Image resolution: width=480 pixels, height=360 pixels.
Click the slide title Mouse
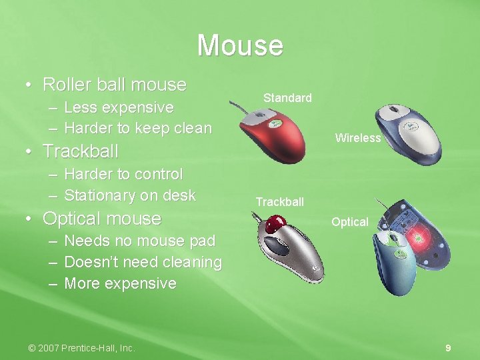pyautogui.click(x=240, y=45)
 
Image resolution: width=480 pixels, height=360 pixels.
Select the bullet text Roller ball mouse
pyautogui.click(x=114, y=85)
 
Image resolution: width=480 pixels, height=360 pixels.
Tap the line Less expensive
pyautogui.click(x=119, y=107)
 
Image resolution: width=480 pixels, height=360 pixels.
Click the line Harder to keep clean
pyautogui.click(x=137, y=128)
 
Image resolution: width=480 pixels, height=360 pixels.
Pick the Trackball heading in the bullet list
pyautogui.click(x=80, y=151)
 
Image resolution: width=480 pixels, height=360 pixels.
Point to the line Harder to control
pyautogui.click(x=123, y=174)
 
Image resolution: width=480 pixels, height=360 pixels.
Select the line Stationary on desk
pyautogui.click(x=129, y=195)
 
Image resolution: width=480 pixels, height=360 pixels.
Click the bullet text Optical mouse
pyautogui.click(x=102, y=219)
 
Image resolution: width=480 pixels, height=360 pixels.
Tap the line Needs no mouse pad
pyautogui.click(x=139, y=241)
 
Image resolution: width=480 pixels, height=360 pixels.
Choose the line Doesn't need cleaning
pyautogui.click(x=143, y=262)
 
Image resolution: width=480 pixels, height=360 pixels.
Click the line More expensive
pyautogui.click(x=120, y=283)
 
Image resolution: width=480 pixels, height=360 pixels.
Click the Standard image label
pyautogui.click(x=287, y=98)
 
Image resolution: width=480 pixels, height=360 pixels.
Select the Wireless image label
pyautogui.click(x=358, y=138)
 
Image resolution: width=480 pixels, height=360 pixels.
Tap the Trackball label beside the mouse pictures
pyautogui.click(x=279, y=202)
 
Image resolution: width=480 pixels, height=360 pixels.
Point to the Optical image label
pyautogui.click(x=350, y=222)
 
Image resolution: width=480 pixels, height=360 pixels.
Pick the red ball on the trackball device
pyautogui.click(x=272, y=225)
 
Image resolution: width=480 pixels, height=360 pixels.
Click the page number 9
pyautogui.click(x=448, y=348)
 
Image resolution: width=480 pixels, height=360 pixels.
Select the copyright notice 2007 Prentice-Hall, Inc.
pyautogui.click(x=81, y=348)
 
